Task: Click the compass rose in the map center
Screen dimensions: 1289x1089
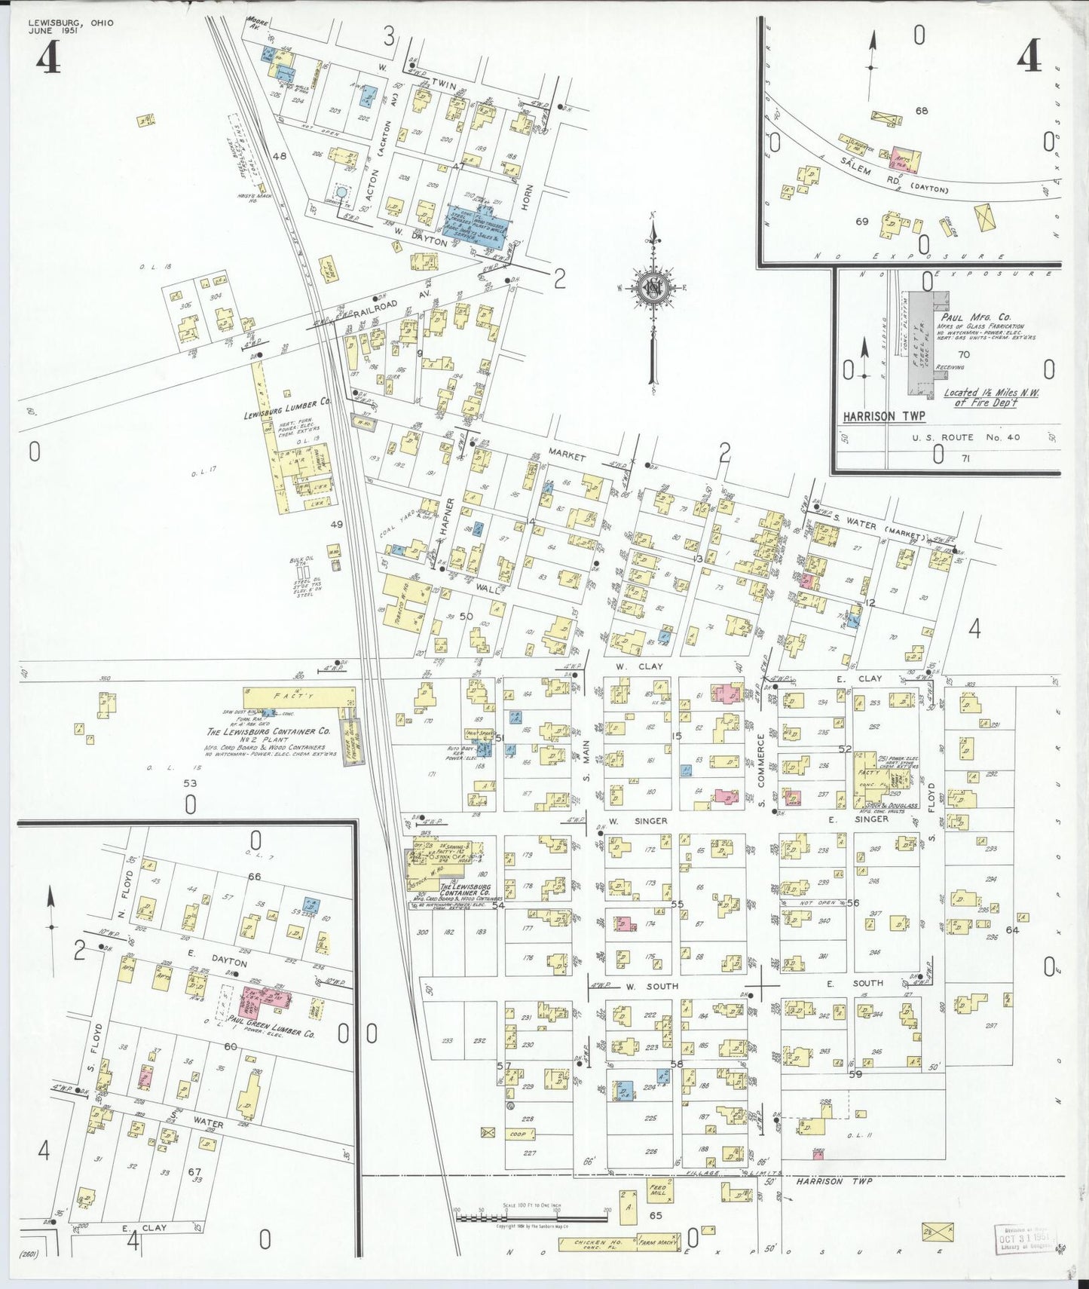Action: click(x=653, y=287)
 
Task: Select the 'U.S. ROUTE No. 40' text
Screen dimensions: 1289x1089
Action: click(x=953, y=437)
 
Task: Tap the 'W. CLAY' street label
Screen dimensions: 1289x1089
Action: click(x=628, y=667)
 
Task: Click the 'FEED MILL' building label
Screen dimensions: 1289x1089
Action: click(x=658, y=1192)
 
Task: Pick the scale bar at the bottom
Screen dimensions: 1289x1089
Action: click(x=532, y=1211)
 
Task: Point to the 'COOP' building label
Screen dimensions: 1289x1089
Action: click(x=517, y=1134)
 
